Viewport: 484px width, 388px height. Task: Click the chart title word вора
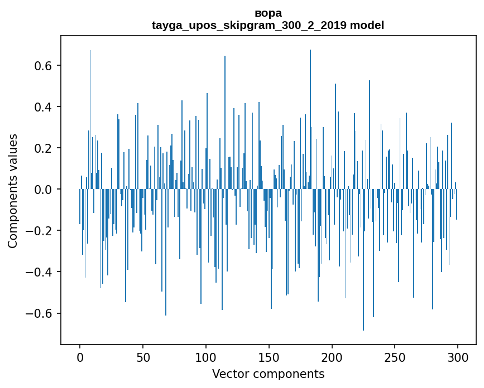(268, 13)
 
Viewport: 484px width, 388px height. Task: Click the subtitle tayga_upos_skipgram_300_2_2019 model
(268, 25)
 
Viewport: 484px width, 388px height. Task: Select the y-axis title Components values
(13, 191)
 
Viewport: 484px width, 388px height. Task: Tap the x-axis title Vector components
(268, 374)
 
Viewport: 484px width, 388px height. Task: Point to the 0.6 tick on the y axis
(45, 66)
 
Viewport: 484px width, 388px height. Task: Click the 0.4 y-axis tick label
(45, 107)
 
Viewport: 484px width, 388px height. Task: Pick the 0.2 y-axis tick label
(45, 148)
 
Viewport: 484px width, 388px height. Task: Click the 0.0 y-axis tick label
(45, 190)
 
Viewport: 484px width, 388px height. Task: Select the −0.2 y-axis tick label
(41, 231)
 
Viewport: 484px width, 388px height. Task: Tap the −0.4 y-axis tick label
(41, 272)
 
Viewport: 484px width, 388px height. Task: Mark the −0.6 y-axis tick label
(41, 313)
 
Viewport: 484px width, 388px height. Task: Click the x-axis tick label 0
(80, 357)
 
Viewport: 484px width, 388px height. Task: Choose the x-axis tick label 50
(143, 357)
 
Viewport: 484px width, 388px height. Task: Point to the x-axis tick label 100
(206, 357)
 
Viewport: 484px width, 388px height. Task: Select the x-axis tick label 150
(269, 357)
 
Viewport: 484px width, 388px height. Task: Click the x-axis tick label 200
(332, 357)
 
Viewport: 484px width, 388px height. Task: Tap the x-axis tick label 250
(395, 357)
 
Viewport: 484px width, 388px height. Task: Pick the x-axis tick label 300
(458, 357)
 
